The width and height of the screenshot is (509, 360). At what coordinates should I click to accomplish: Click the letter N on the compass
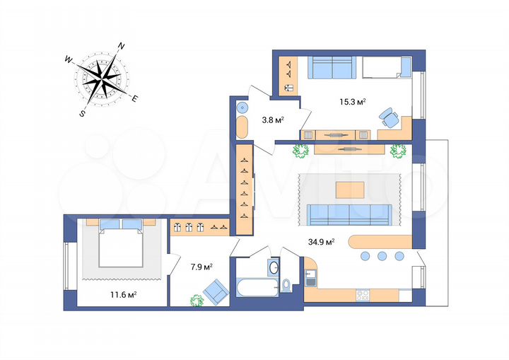(x=121, y=47)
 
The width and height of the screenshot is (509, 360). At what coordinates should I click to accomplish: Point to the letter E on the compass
(x=135, y=98)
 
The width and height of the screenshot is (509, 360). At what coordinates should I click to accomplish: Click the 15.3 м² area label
(x=351, y=102)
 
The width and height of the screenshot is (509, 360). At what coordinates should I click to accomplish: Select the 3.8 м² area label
(x=273, y=120)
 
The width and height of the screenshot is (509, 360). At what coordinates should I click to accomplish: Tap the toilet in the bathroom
(x=287, y=284)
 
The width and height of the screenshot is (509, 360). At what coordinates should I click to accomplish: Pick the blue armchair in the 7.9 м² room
(x=216, y=289)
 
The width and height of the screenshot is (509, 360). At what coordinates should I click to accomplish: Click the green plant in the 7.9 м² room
(x=196, y=299)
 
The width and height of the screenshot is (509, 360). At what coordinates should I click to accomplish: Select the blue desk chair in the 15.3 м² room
(x=387, y=117)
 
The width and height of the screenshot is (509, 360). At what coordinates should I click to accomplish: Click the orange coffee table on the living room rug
(x=351, y=189)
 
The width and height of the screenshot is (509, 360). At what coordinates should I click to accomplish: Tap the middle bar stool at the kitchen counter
(x=382, y=255)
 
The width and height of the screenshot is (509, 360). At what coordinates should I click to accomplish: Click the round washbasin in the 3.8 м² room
(x=242, y=108)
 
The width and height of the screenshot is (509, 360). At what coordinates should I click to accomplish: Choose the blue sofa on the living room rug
(x=349, y=213)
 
